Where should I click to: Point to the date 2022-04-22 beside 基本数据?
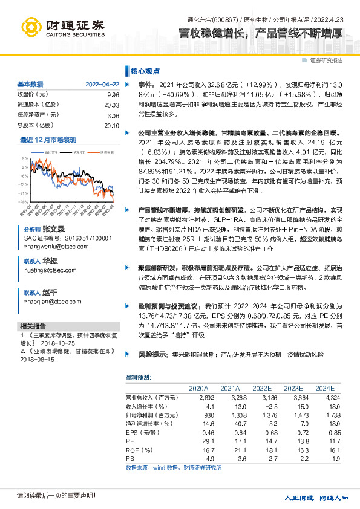pos(102,84)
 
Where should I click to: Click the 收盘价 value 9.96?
pos(113,95)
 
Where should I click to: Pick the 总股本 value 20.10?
pos(111,125)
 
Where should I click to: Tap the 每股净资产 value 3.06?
pos(113,115)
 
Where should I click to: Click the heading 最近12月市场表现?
pos(48,140)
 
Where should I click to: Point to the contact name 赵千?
pos(50,292)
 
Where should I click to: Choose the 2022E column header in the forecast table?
pos(261,388)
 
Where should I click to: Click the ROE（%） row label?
pos(139,450)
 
